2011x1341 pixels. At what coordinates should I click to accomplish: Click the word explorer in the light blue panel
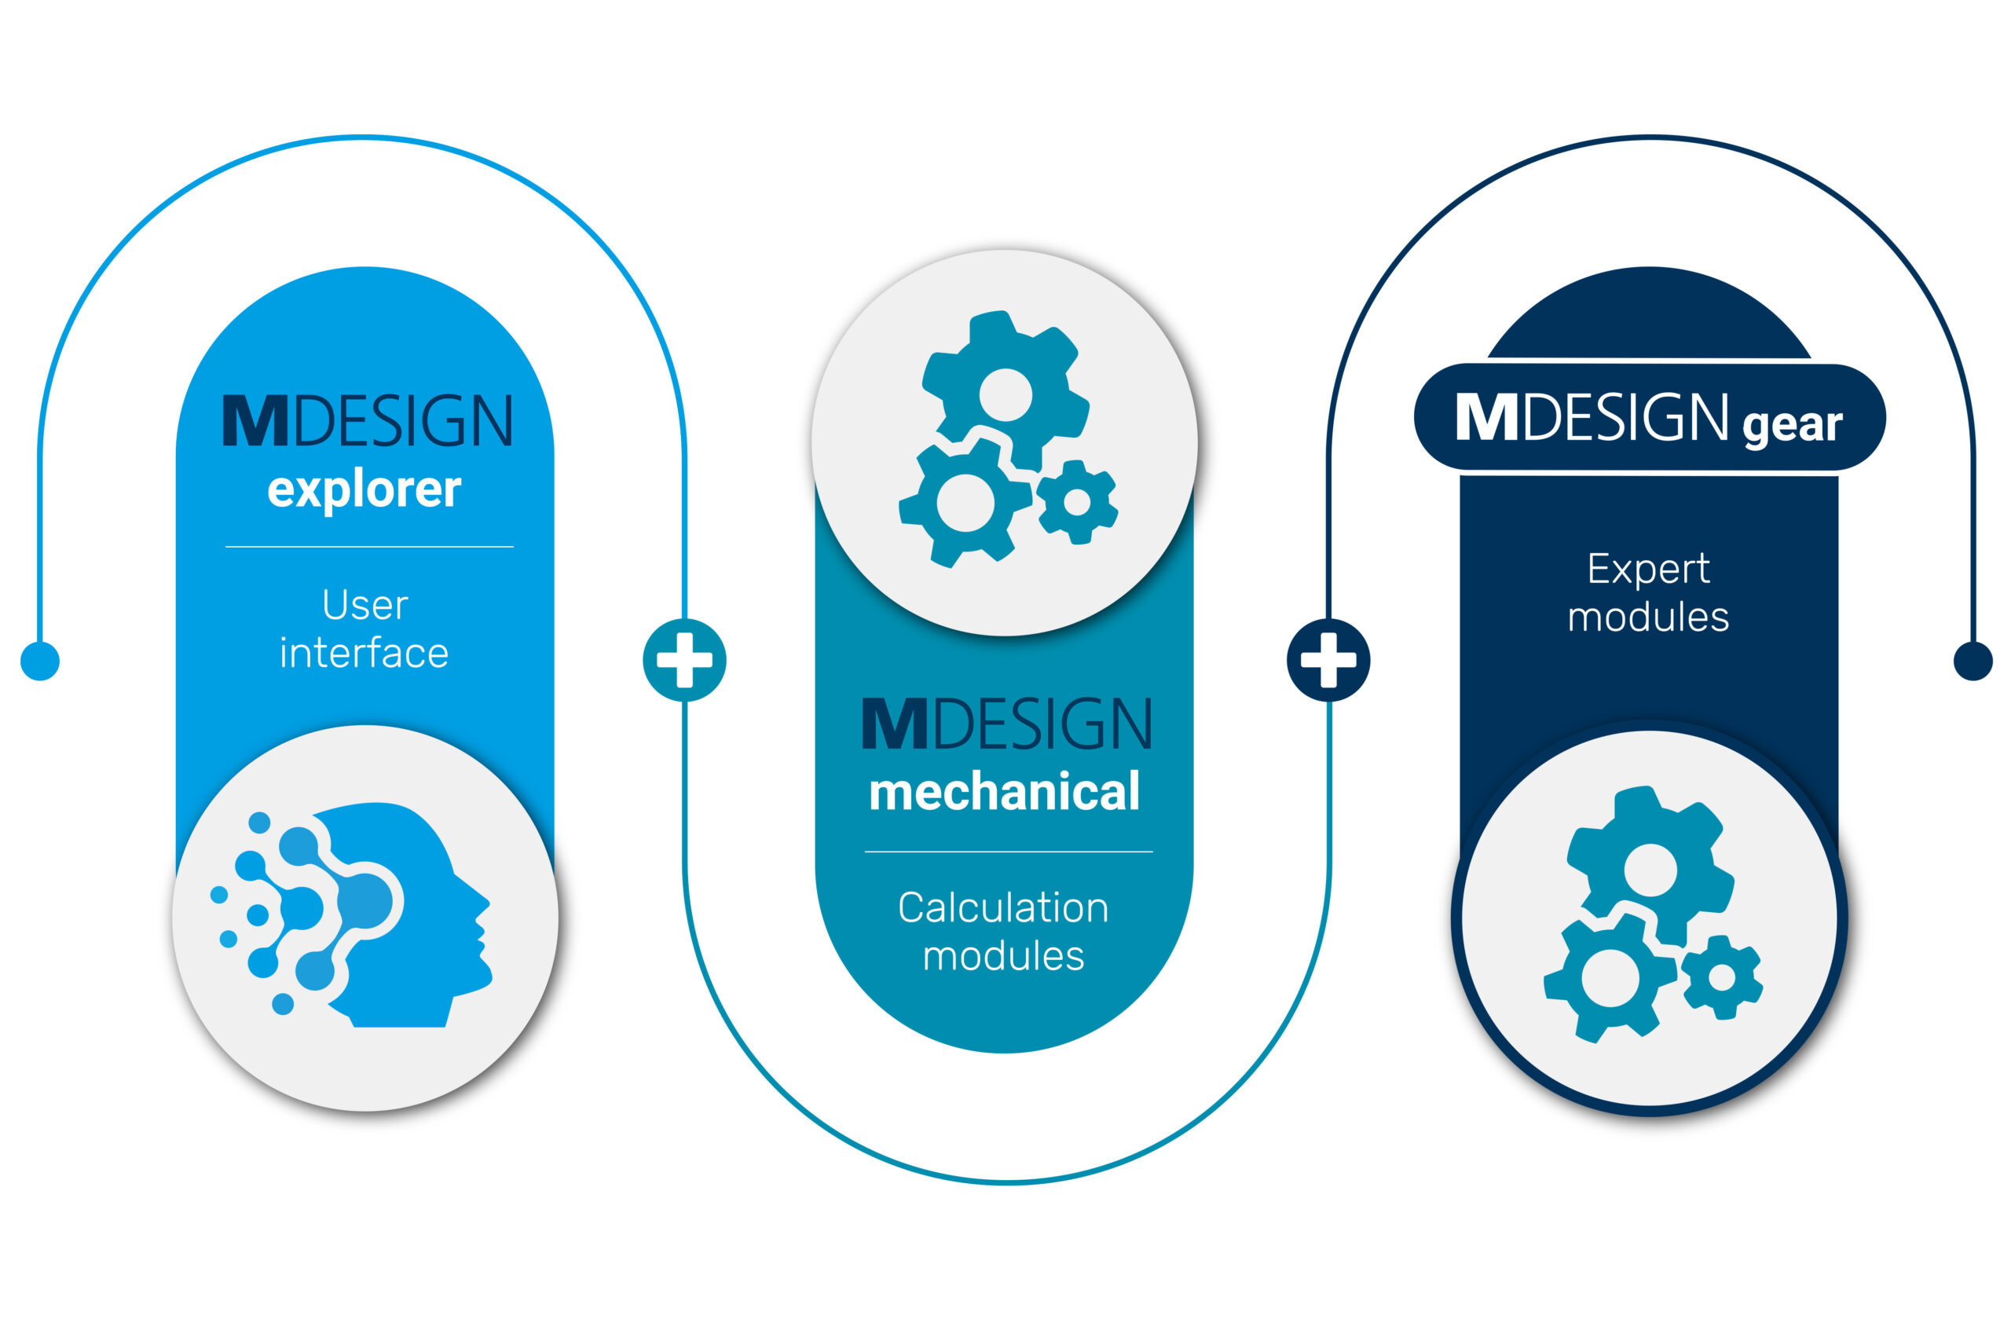364,491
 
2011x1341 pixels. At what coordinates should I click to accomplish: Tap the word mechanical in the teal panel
1005,791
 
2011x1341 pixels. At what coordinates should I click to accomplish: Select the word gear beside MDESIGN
1793,425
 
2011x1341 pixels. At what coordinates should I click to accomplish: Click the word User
365,606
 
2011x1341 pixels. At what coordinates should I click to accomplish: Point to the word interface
364,654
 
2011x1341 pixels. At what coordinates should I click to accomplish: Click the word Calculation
1004,908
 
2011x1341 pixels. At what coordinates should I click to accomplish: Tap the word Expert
1649,570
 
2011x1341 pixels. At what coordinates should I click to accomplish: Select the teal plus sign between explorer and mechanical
684,660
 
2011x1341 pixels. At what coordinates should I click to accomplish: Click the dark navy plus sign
1328,660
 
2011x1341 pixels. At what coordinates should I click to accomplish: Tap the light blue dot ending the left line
40,661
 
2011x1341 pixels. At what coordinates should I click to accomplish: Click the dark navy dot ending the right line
1973,661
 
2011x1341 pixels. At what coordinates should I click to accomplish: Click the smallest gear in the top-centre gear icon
1076,502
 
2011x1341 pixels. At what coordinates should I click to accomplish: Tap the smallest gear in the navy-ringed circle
1722,977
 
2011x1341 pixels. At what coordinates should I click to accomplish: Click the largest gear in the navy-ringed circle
1650,868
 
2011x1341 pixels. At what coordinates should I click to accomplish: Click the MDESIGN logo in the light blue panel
367,420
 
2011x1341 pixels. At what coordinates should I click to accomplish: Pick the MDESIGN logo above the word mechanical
1006,724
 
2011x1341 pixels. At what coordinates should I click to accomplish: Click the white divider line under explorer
369,547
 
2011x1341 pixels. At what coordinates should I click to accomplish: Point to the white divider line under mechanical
1009,852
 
